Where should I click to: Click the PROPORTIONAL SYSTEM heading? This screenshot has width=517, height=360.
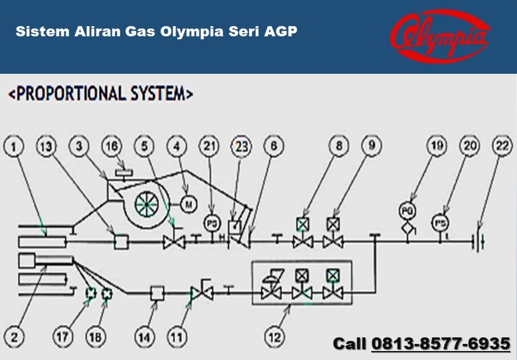pyautogui.click(x=101, y=93)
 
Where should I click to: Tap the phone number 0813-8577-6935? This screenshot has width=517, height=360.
pyautogui.click(x=441, y=343)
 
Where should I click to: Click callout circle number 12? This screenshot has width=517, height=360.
pyautogui.click(x=274, y=337)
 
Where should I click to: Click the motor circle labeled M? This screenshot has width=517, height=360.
pyautogui.click(x=189, y=204)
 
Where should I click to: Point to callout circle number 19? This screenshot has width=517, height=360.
pyautogui.click(x=437, y=145)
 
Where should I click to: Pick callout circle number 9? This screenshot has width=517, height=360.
pyautogui.click(x=370, y=145)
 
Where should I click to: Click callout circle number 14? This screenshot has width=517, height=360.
pyautogui.click(x=144, y=337)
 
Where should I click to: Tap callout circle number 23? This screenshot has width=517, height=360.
pyautogui.click(x=242, y=145)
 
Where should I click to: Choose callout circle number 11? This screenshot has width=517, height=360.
pyautogui.click(x=176, y=337)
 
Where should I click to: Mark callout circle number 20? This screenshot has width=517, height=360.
pyautogui.click(x=470, y=145)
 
